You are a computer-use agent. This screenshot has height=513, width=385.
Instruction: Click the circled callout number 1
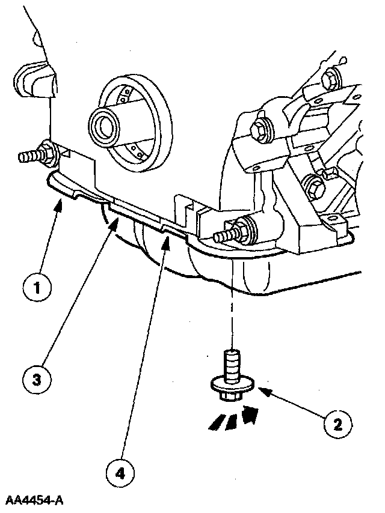tap(37, 287)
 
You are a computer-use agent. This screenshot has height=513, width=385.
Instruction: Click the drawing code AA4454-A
tap(35, 500)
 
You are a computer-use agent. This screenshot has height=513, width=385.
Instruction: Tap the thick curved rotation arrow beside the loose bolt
tap(250, 414)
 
